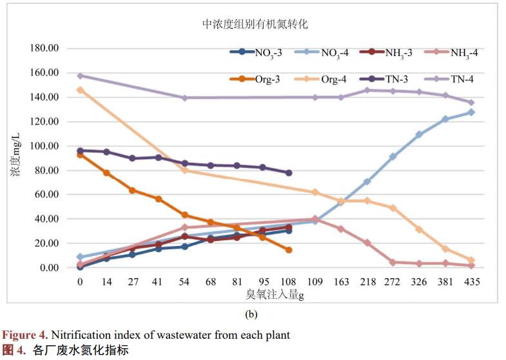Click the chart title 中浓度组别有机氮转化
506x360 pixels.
255,24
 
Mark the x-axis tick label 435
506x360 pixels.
471,282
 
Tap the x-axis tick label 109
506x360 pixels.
315,282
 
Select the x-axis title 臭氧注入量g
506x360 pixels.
275,294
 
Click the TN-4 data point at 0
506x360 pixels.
80,75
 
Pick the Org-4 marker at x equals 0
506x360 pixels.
80,90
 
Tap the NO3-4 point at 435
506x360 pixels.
471,112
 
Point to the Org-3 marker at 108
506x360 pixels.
289,250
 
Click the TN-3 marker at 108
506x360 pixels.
289,173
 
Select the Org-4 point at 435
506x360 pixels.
471,260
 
